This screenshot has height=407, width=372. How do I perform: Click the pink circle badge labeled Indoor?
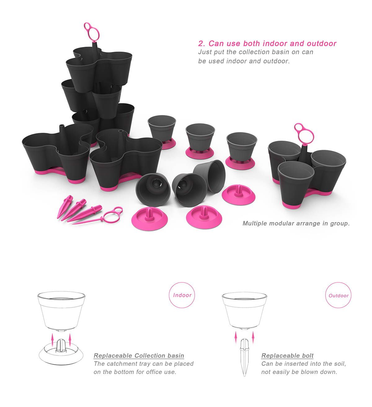tap(182, 295)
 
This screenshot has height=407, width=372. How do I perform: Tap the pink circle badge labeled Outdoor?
tap(338, 295)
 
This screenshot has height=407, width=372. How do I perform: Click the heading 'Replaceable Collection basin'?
tap(139, 356)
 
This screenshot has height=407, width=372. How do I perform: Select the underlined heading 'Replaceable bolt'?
tap(287, 356)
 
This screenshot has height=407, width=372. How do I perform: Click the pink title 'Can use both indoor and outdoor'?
tap(272, 44)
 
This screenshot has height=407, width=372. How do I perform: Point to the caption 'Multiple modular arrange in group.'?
tap(296, 223)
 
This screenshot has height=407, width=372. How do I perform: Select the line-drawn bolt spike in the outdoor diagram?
tap(244, 356)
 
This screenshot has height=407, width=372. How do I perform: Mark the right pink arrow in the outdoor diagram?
tap(253, 337)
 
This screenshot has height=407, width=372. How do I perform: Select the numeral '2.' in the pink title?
tap(202, 44)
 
